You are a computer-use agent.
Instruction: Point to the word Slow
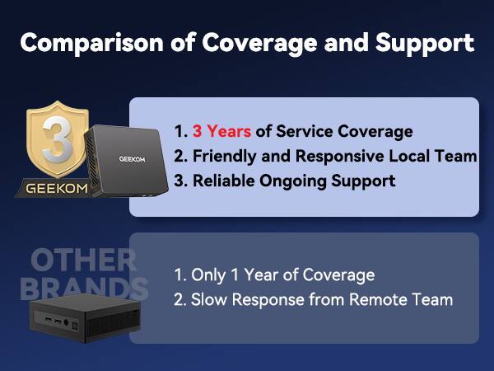click(x=208, y=299)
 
